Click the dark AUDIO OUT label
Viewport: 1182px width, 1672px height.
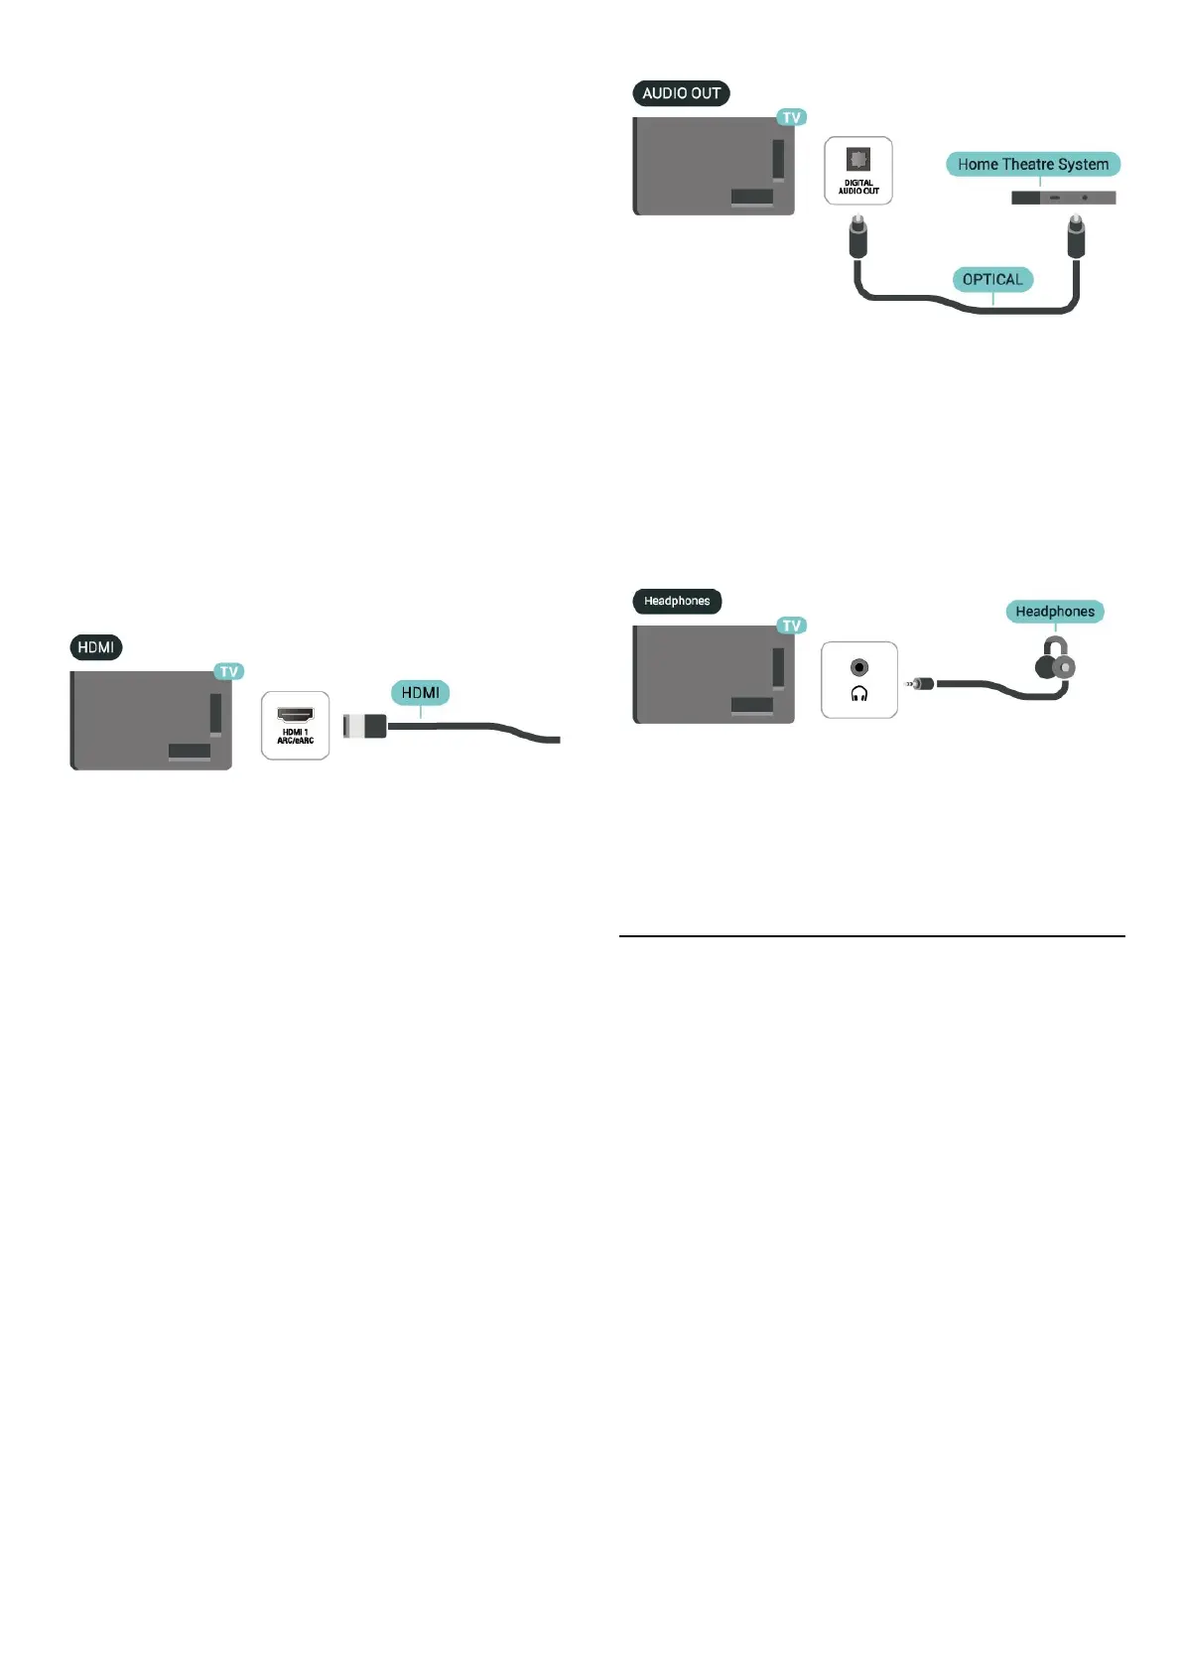pyautogui.click(x=681, y=93)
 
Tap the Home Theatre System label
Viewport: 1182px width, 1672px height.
pyautogui.click(x=1032, y=164)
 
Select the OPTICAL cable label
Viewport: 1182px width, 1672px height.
pyautogui.click(x=991, y=279)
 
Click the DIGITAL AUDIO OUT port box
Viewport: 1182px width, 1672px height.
pyautogui.click(x=858, y=171)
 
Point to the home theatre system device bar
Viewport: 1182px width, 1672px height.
pyautogui.click(x=1063, y=198)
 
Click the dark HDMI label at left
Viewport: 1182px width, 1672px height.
pyautogui.click(x=96, y=647)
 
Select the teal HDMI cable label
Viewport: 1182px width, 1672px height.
pyautogui.click(x=420, y=693)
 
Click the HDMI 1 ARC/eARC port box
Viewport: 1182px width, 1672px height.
pyautogui.click(x=295, y=726)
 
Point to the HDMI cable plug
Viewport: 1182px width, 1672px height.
pyautogui.click(x=364, y=726)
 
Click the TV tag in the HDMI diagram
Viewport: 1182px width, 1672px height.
pyautogui.click(x=229, y=672)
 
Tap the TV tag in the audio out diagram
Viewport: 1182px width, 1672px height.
pyautogui.click(x=791, y=117)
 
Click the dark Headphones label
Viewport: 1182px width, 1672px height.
pyautogui.click(x=677, y=601)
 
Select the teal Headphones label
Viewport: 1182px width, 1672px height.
pyautogui.click(x=1054, y=612)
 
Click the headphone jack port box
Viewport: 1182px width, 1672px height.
pyautogui.click(x=859, y=680)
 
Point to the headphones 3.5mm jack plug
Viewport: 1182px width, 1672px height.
pyautogui.click(x=920, y=683)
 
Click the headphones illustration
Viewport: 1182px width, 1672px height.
pyautogui.click(x=1056, y=662)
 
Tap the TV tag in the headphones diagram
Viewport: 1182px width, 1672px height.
pyautogui.click(x=791, y=626)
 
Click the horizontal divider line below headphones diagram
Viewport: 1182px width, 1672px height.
pyautogui.click(x=871, y=935)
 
